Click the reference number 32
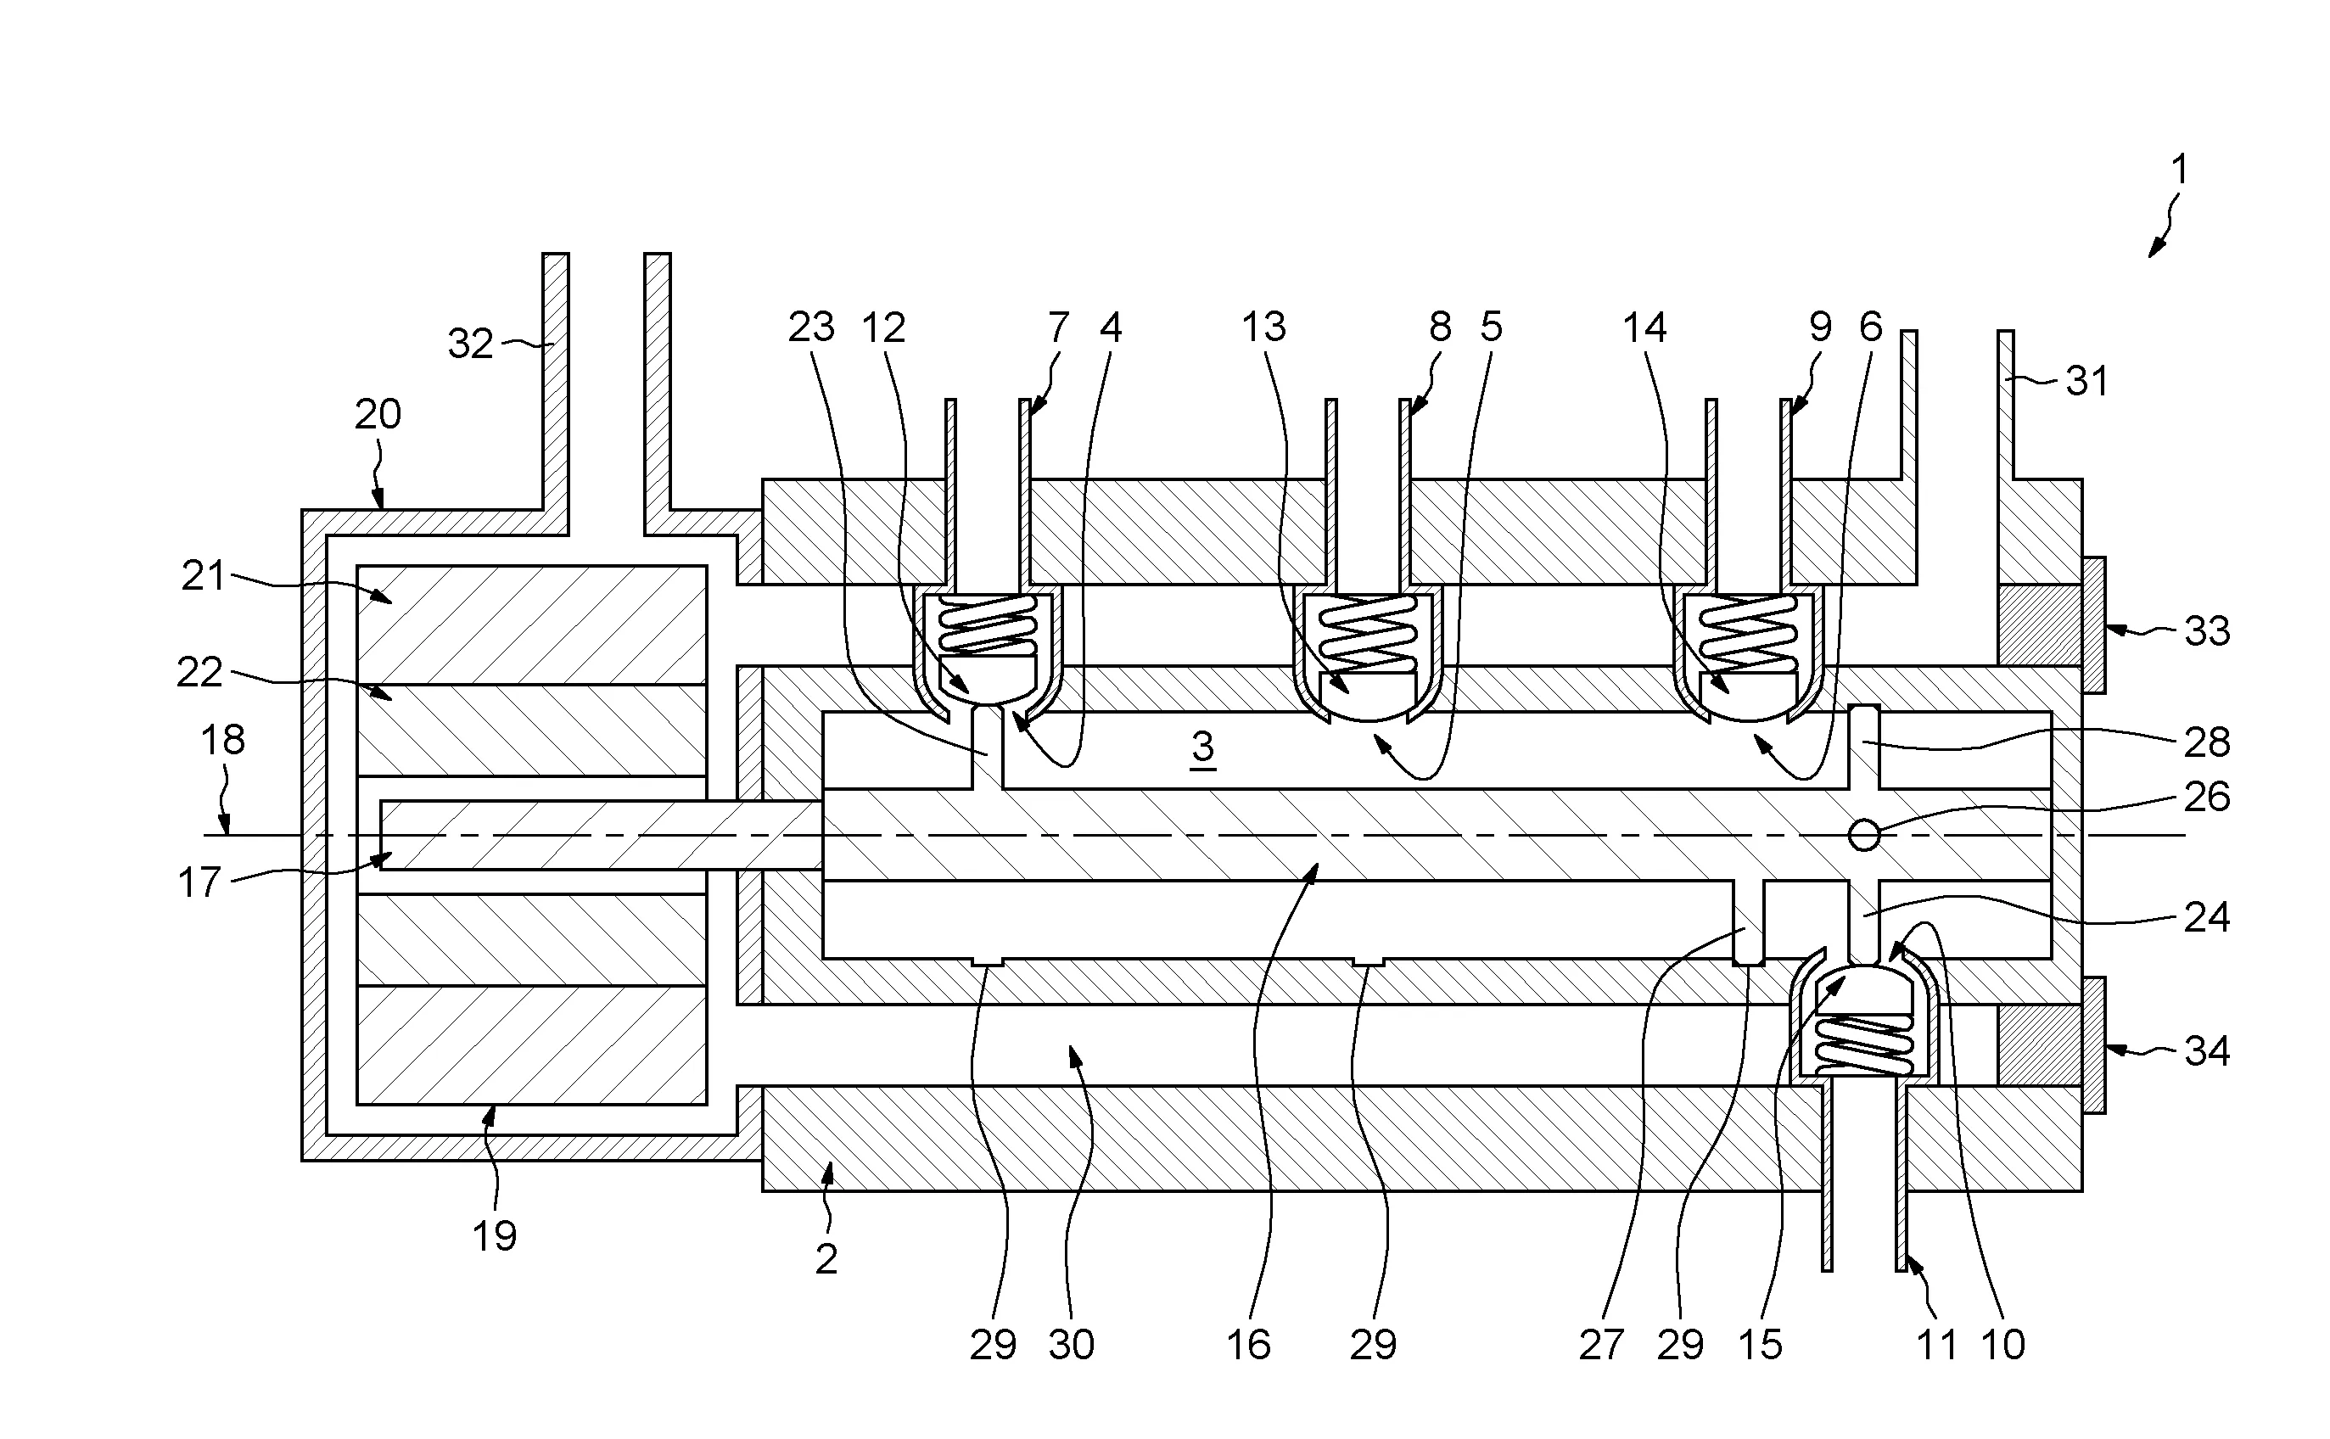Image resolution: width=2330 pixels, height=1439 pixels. pos(470,344)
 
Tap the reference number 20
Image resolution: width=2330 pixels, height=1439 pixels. pos(378,415)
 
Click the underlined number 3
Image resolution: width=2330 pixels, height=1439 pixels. pos(1202,747)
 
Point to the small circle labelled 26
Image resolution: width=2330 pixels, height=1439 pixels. pos(1863,836)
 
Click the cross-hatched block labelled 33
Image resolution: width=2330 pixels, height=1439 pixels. pos(2039,624)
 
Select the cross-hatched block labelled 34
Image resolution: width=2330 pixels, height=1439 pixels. pos(2039,1044)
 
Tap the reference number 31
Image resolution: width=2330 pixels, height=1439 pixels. pos(2086,382)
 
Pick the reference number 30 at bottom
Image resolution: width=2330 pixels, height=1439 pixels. pos(1071,1345)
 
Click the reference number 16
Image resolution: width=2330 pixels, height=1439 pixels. pos(1248,1345)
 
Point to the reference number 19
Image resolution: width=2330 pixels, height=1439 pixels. pos(494,1235)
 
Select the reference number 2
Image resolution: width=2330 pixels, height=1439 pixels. pos(826,1259)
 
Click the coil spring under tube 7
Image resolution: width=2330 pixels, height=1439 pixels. pos(987,624)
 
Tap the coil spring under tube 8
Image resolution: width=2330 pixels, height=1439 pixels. pos(1366,629)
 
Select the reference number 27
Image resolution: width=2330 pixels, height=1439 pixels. pos(1600,1345)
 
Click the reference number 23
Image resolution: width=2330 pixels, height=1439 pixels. pos(811,328)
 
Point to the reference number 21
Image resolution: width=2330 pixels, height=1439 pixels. pos(203,577)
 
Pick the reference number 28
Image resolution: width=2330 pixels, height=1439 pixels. pos(2206,742)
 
